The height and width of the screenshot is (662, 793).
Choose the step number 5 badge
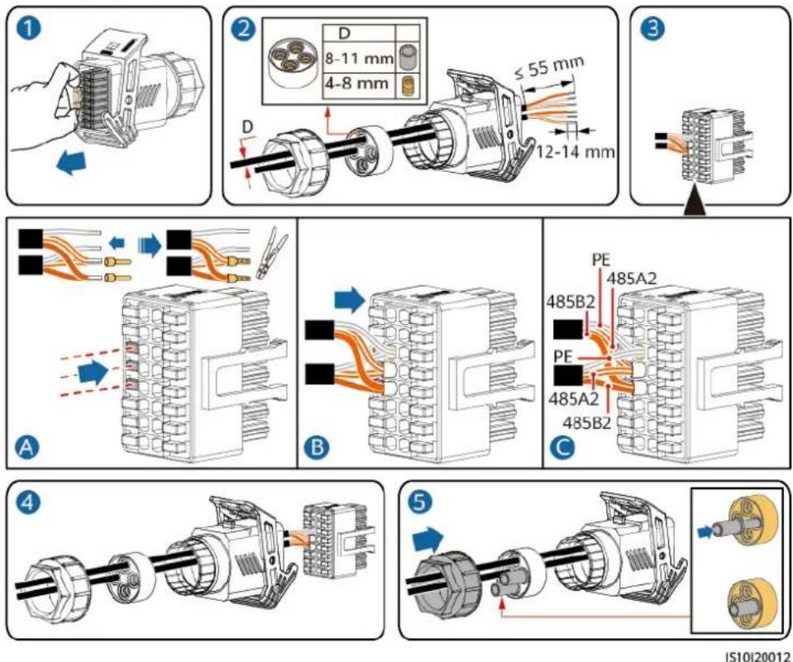pyautogui.click(x=421, y=503)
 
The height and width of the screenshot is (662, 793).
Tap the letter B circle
pyautogui.click(x=318, y=448)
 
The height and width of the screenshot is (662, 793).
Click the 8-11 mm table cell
pyautogui.click(x=359, y=59)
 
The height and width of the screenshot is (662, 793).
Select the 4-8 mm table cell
pyautogui.click(x=359, y=83)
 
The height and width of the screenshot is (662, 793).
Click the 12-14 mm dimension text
pyautogui.click(x=576, y=151)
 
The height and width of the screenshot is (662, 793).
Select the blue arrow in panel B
pyautogui.click(x=350, y=300)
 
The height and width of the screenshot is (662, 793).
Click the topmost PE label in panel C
pyautogui.click(x=601, y=260)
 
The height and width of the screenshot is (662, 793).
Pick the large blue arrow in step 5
pyautogui.click(x=428, y=541)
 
